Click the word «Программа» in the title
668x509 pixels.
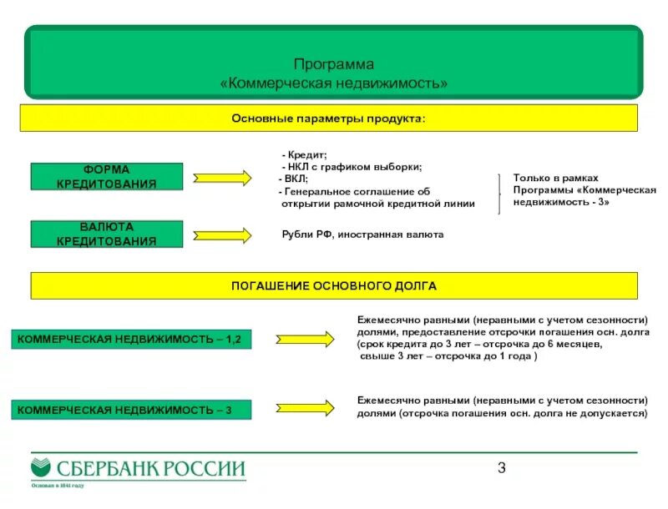coord(333,64)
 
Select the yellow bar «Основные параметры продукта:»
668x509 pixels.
coord(328,118)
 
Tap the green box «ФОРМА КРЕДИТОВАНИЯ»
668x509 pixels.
coord(106,176)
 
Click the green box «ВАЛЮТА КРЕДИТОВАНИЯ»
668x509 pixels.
coord(106,234)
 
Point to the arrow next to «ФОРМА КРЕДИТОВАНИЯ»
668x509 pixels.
coord(221,177)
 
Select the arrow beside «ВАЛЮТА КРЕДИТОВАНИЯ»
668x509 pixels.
coord(221,235)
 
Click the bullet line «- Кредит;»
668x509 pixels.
coord(304,155)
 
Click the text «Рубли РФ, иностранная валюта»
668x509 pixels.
coord(362,235)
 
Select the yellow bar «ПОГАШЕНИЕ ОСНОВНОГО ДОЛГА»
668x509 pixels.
coord(333,285)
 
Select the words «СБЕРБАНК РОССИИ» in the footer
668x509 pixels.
coord(149,469)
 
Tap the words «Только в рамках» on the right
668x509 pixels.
coord(544,179)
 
